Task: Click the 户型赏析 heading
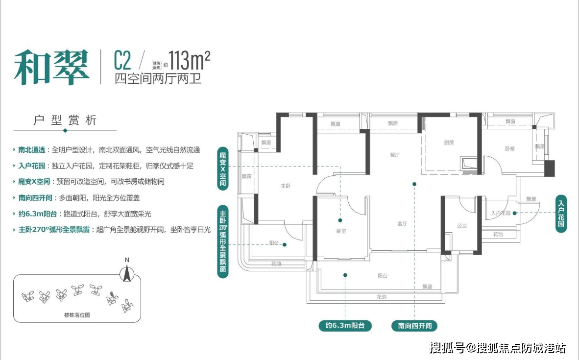65,120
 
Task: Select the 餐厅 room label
395,155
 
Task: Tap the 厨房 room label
449,143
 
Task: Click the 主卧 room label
287,186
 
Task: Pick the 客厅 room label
402,224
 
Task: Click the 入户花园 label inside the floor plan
501,213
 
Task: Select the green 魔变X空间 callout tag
223,169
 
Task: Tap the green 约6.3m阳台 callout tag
345,326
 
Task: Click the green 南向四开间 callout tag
414,326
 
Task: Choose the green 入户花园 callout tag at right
561,214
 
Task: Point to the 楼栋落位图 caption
77,315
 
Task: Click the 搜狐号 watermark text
447,348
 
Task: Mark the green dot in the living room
414,185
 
